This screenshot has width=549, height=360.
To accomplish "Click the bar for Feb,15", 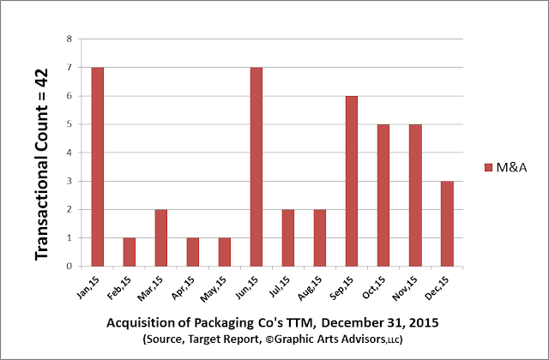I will tap(130, 252).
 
